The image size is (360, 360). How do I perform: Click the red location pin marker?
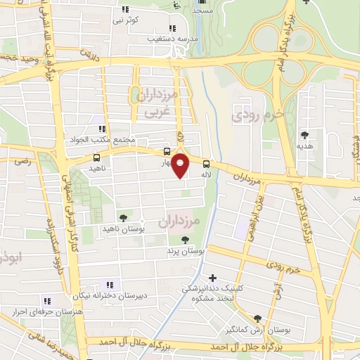(181, 166)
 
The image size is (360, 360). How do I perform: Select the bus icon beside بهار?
(167, 151)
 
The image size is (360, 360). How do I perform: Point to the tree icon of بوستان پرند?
(185, 240)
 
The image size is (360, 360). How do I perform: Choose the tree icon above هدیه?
(304, 135)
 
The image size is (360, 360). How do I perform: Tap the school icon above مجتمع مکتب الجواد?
(102, 129)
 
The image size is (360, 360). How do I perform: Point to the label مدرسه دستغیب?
(167, 39)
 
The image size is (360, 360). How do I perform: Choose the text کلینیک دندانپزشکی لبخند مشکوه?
(215, 292)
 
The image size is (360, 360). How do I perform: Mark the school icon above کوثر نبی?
(124, 9)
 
